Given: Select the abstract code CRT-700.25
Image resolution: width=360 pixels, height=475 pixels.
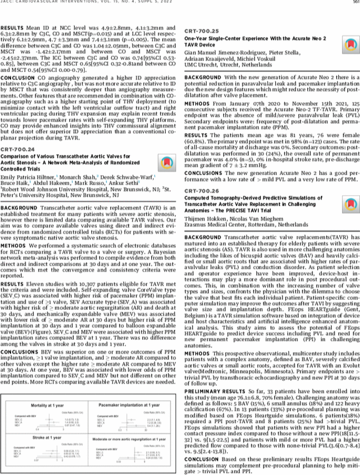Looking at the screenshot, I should coord(202,32).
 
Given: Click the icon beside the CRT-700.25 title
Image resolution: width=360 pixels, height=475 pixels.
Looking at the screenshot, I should coord(349,45).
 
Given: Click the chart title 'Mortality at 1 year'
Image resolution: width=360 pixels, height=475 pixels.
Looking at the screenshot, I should coord(50,391).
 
